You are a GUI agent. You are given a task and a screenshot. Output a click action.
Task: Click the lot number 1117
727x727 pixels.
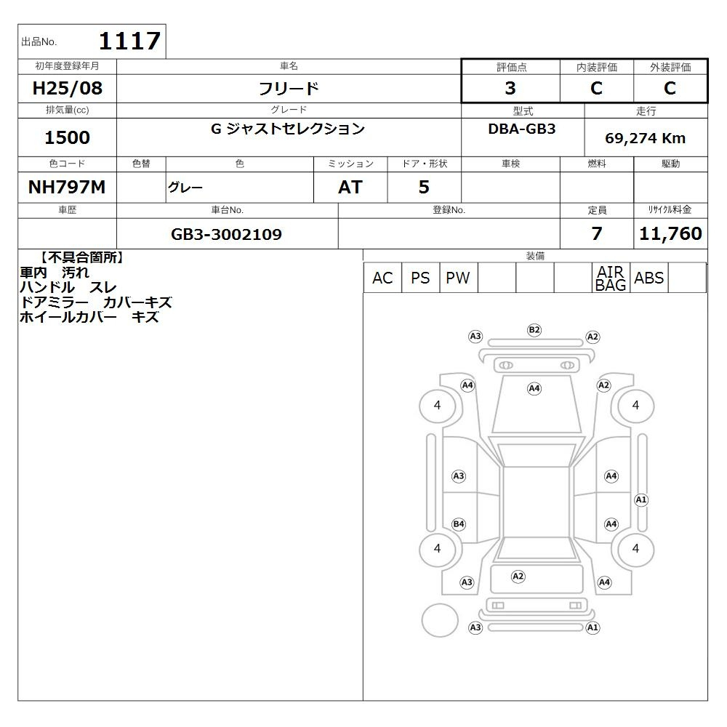(130, 41)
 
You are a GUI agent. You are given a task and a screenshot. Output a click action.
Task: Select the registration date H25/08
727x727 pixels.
(67, 88)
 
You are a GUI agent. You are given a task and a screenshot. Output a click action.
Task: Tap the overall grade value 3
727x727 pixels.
(510, 88)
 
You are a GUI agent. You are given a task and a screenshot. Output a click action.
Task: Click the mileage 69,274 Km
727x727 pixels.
(645, 138)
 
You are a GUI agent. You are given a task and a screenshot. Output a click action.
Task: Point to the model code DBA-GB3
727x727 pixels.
(521, 129)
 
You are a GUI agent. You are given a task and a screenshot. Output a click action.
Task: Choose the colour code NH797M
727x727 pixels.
(67, 188)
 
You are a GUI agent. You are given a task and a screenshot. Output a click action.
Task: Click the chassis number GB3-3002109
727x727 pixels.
(226, 234)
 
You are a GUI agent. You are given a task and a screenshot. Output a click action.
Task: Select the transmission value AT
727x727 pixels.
(350, 188)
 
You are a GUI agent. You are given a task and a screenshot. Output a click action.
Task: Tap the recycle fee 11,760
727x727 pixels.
(670, 233)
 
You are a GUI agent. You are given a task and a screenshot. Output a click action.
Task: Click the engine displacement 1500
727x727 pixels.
(67, 137)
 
